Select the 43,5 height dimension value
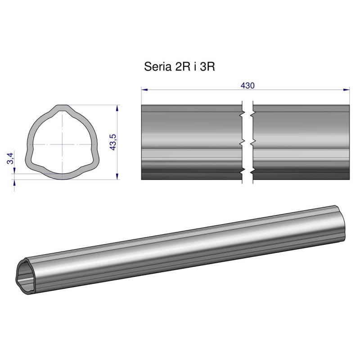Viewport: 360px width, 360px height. click(113, 142)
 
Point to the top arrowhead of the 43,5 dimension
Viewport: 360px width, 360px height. click(117, 108)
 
